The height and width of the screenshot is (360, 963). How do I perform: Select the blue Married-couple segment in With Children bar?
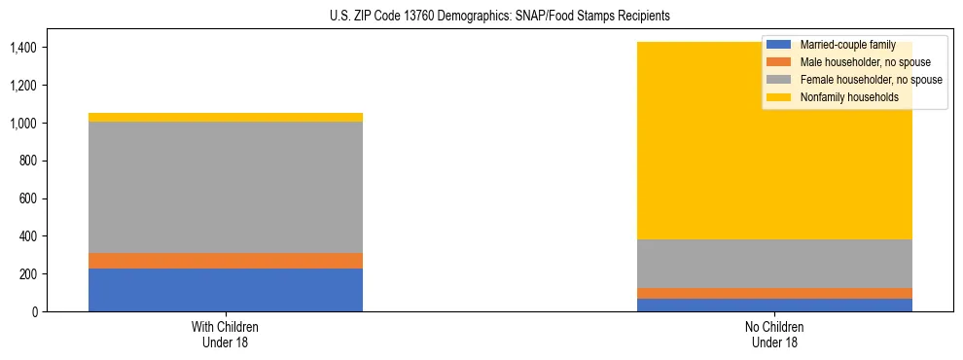226,290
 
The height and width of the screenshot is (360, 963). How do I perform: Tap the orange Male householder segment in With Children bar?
226,261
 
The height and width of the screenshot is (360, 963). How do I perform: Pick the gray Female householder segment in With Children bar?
226,187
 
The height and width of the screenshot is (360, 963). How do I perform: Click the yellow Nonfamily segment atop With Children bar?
226,118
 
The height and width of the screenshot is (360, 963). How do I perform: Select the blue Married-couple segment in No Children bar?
775,305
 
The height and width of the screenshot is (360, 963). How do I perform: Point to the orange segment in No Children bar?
775,293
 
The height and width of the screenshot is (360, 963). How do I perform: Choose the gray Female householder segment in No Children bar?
775,263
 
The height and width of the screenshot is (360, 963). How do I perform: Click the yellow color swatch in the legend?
780,97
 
